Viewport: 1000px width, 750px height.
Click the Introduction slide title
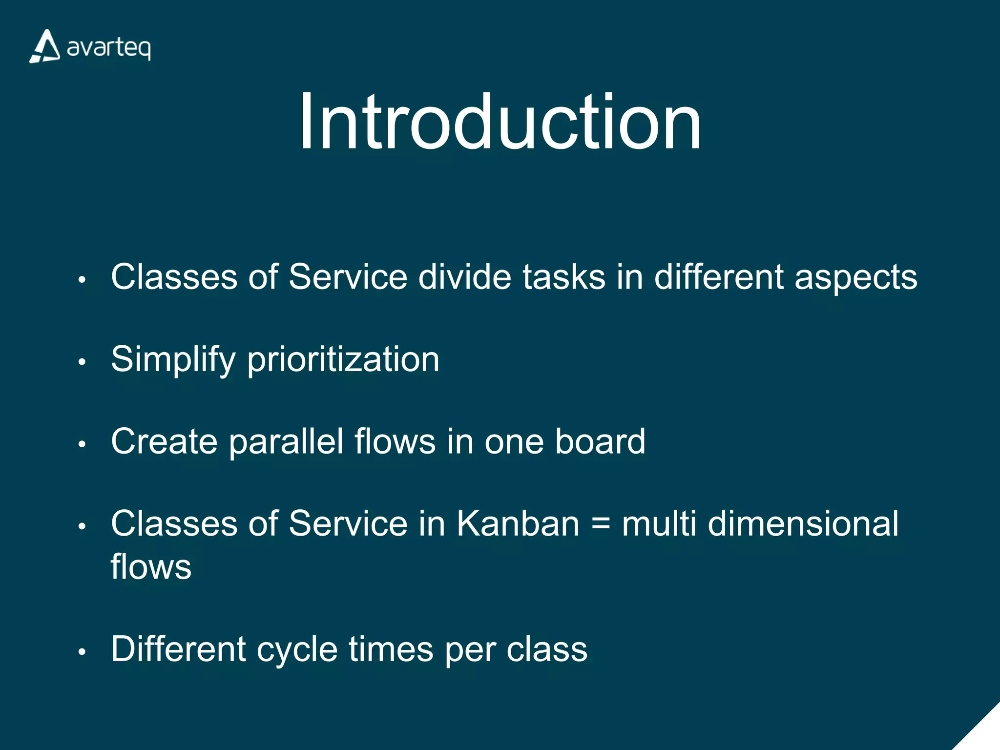(500, 122)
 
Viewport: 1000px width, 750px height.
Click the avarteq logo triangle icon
(45, 47)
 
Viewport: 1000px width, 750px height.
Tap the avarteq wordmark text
(108, 48)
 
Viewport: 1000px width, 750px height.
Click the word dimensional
(803, 523)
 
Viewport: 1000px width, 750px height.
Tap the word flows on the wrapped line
(151, 566)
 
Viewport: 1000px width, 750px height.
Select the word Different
(178, 649)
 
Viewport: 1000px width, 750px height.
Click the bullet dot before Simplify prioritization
(82, 362)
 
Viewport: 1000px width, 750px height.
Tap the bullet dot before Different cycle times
(82, 652)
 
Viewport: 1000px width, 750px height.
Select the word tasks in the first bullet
(564, 277)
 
